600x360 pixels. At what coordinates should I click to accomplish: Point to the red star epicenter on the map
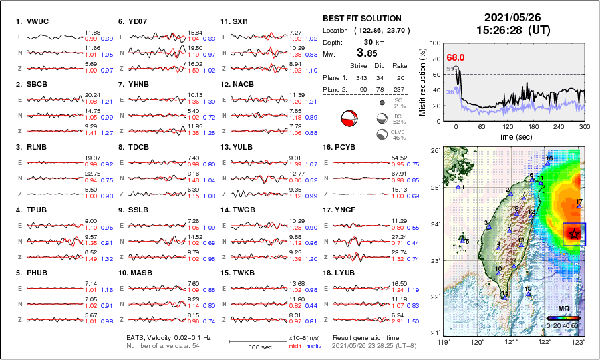point(574,234)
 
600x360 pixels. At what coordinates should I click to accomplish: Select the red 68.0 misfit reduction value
point(456,58)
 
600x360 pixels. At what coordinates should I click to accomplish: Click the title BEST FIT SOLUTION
point(362,19)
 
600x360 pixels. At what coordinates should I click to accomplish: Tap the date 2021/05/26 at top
point(509,17)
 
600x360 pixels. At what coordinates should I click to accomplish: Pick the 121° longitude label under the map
point(512,341)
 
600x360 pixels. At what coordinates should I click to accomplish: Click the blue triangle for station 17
point(579,207)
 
